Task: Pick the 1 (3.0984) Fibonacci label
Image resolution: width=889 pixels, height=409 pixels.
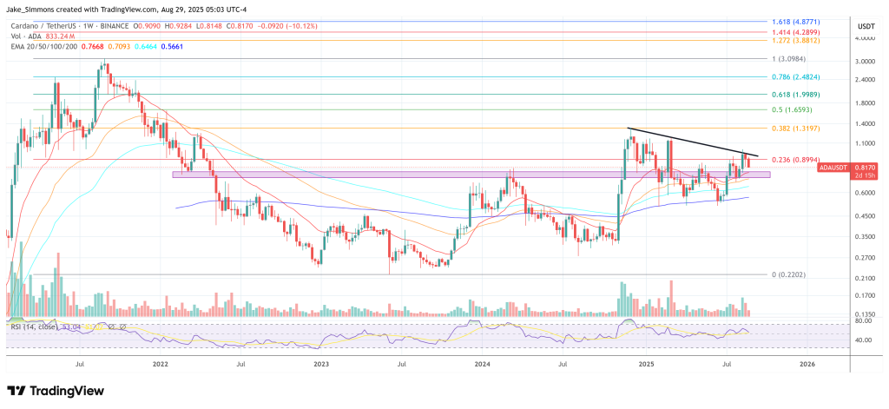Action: coord(794,58)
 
